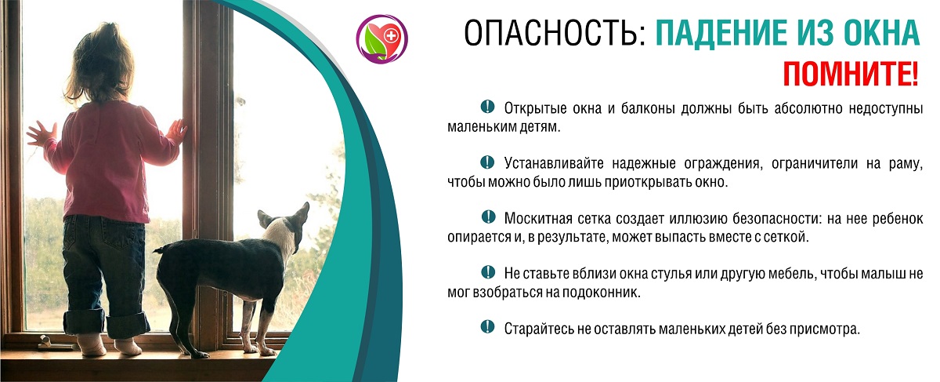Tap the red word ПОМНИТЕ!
coord(851,74)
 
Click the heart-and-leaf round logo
coord(382,38)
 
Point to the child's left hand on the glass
coord(41,133)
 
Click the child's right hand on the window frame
coord(177,131)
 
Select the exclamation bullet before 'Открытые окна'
coord(487,107)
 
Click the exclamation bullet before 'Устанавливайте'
coord(487,162)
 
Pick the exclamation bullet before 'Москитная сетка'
coord(488,216)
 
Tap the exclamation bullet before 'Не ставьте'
coord(488,272)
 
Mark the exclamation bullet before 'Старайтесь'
coord(487,326)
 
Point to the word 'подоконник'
coord(600,292)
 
